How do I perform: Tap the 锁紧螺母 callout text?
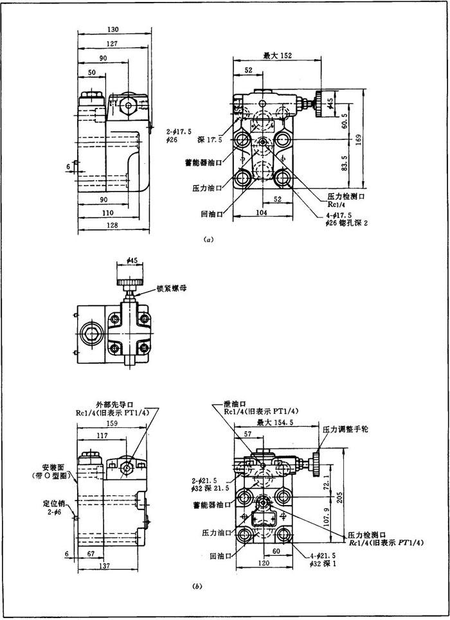[170, 289]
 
